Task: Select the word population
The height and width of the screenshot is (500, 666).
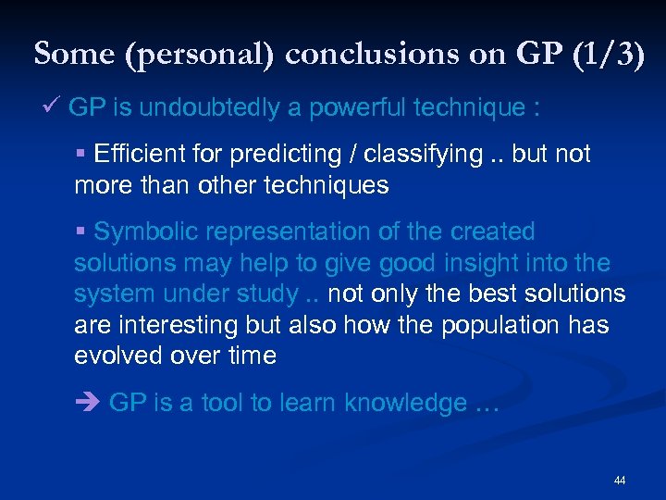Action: click(x=500, y=325)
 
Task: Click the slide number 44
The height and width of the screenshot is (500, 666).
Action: click(x=619, y=481)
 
